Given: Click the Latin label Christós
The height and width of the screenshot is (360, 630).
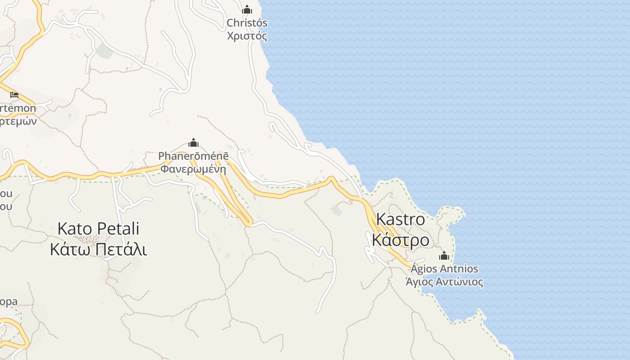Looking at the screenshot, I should tap(247, 23).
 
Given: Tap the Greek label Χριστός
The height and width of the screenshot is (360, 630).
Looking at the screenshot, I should tap(247, 36).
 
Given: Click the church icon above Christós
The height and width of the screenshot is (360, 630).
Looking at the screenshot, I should tap(247, 9).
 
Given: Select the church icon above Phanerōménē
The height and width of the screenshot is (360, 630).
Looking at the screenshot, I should tap(193, 143).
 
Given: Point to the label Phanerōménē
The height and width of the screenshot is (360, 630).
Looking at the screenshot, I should tap(193, 157).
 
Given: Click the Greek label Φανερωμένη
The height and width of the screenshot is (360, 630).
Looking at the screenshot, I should tap(193, 170).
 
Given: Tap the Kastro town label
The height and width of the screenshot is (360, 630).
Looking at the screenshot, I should tap(400, 220).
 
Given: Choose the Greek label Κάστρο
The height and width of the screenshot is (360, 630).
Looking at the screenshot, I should tap(400, 240).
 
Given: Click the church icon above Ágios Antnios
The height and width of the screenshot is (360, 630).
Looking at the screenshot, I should tap(444, 256).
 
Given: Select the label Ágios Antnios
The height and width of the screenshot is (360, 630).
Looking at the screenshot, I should tap(444, 269).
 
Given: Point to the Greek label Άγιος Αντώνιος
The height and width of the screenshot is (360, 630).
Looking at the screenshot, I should tap(444, 282).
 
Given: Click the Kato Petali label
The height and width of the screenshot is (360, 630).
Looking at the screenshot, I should tap(99, 229).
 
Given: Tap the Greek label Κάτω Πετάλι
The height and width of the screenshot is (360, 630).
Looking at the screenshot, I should tap(99, 249).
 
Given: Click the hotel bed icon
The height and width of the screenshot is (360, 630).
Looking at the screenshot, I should tap(14, 95).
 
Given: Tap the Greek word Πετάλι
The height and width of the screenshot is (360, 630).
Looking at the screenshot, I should tap(121, 249).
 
